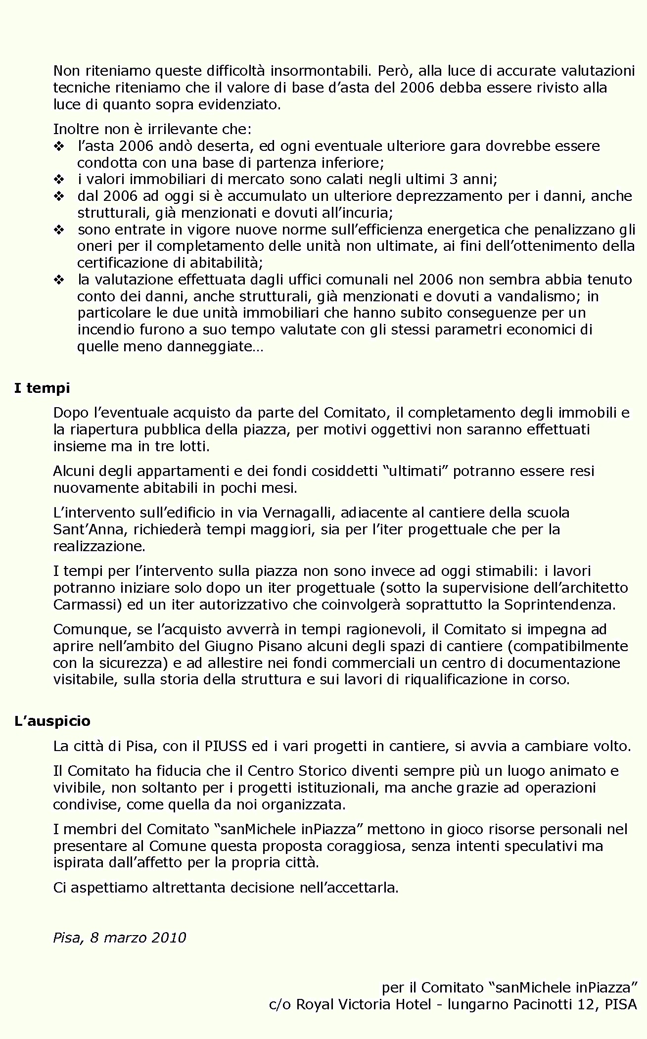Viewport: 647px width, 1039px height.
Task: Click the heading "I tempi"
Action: [x=42, y=388]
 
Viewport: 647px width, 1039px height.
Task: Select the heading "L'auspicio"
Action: [x=52, y=721]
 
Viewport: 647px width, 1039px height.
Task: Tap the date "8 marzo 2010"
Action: [x=138, y=938]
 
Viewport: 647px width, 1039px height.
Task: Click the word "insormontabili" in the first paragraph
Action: [x=321, y=71]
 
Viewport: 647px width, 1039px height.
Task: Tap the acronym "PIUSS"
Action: [x=226, y=746]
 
